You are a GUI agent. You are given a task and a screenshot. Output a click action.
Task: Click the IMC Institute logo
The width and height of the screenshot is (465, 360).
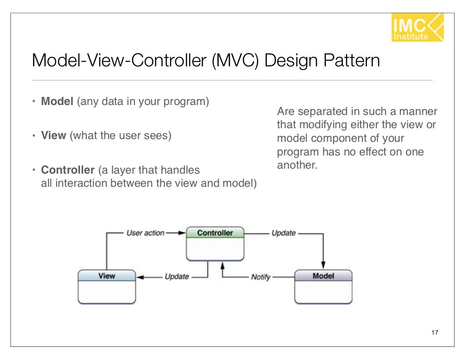click(x=417, y=27)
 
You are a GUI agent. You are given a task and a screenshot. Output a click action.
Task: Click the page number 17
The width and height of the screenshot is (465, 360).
click(x=435, y=333)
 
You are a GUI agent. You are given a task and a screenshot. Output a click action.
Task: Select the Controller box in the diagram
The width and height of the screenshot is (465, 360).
click(x=215, y=244)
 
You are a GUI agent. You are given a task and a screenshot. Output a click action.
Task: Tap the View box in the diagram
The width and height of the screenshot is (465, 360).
click(x=107, y=286)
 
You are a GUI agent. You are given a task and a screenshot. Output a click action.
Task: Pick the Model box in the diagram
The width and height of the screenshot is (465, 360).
click(x=323, y=286)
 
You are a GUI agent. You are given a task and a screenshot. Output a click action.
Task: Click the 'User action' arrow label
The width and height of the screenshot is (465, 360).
click(x=145, y=233)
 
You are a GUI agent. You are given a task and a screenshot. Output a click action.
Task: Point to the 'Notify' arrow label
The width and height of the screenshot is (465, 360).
click(x=261, y=277)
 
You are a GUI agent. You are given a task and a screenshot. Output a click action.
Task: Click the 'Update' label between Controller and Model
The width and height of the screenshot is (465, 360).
click(x=283, y=233)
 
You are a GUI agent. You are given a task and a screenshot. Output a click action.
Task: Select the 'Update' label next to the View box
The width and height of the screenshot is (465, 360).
click(x=177, y=277)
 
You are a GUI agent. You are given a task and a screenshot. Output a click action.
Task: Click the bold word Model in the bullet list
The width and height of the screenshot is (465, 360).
click(x=57, y=101)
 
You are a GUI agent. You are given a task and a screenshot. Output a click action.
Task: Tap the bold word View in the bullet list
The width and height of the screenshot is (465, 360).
click(x=54, y=135)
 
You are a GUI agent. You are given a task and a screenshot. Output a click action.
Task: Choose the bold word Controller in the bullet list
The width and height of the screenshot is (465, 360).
click(x=68, y=170)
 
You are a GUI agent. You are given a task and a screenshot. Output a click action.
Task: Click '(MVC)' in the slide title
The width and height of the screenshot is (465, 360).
click(x=235, y=61)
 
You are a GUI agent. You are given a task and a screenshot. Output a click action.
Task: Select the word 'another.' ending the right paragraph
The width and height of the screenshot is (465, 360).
click(x=296, y=165)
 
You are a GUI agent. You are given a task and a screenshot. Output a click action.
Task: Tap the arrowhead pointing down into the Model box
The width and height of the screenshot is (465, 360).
click(x=323, y=266)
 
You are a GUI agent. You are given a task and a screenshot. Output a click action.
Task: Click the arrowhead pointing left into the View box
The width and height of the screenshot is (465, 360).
click(x=140, y=277)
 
